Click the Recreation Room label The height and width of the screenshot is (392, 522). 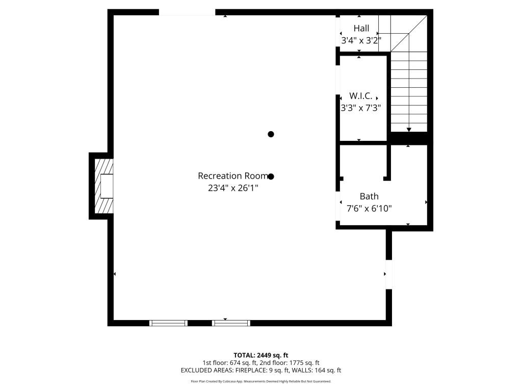[x=233, y=176]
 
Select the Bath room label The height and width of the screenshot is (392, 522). [x=369, y=197]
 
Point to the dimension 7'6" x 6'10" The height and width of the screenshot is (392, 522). [x=369, y=208]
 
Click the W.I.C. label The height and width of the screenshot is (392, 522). [x=361, y=96]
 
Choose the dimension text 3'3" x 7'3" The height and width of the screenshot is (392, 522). [x=361, y=108]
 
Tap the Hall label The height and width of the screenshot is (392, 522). [x=361, y=29]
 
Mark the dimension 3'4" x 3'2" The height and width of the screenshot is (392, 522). [x=361, y=40]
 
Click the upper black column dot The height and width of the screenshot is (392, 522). [x=271, y=134]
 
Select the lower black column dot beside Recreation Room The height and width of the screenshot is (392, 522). [x=271, y=177]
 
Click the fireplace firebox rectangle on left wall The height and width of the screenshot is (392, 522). [x=107, y=186]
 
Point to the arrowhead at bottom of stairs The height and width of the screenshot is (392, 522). [x=409, y=130]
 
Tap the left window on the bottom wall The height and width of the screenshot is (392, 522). [x=168, y=323]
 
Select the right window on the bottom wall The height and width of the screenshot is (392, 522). [x=231, y=323]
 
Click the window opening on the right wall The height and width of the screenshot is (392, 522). [x=389, y=275]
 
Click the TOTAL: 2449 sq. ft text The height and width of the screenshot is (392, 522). [x=261, y=355]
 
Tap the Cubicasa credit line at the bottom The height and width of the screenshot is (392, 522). [x=261, y=381]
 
